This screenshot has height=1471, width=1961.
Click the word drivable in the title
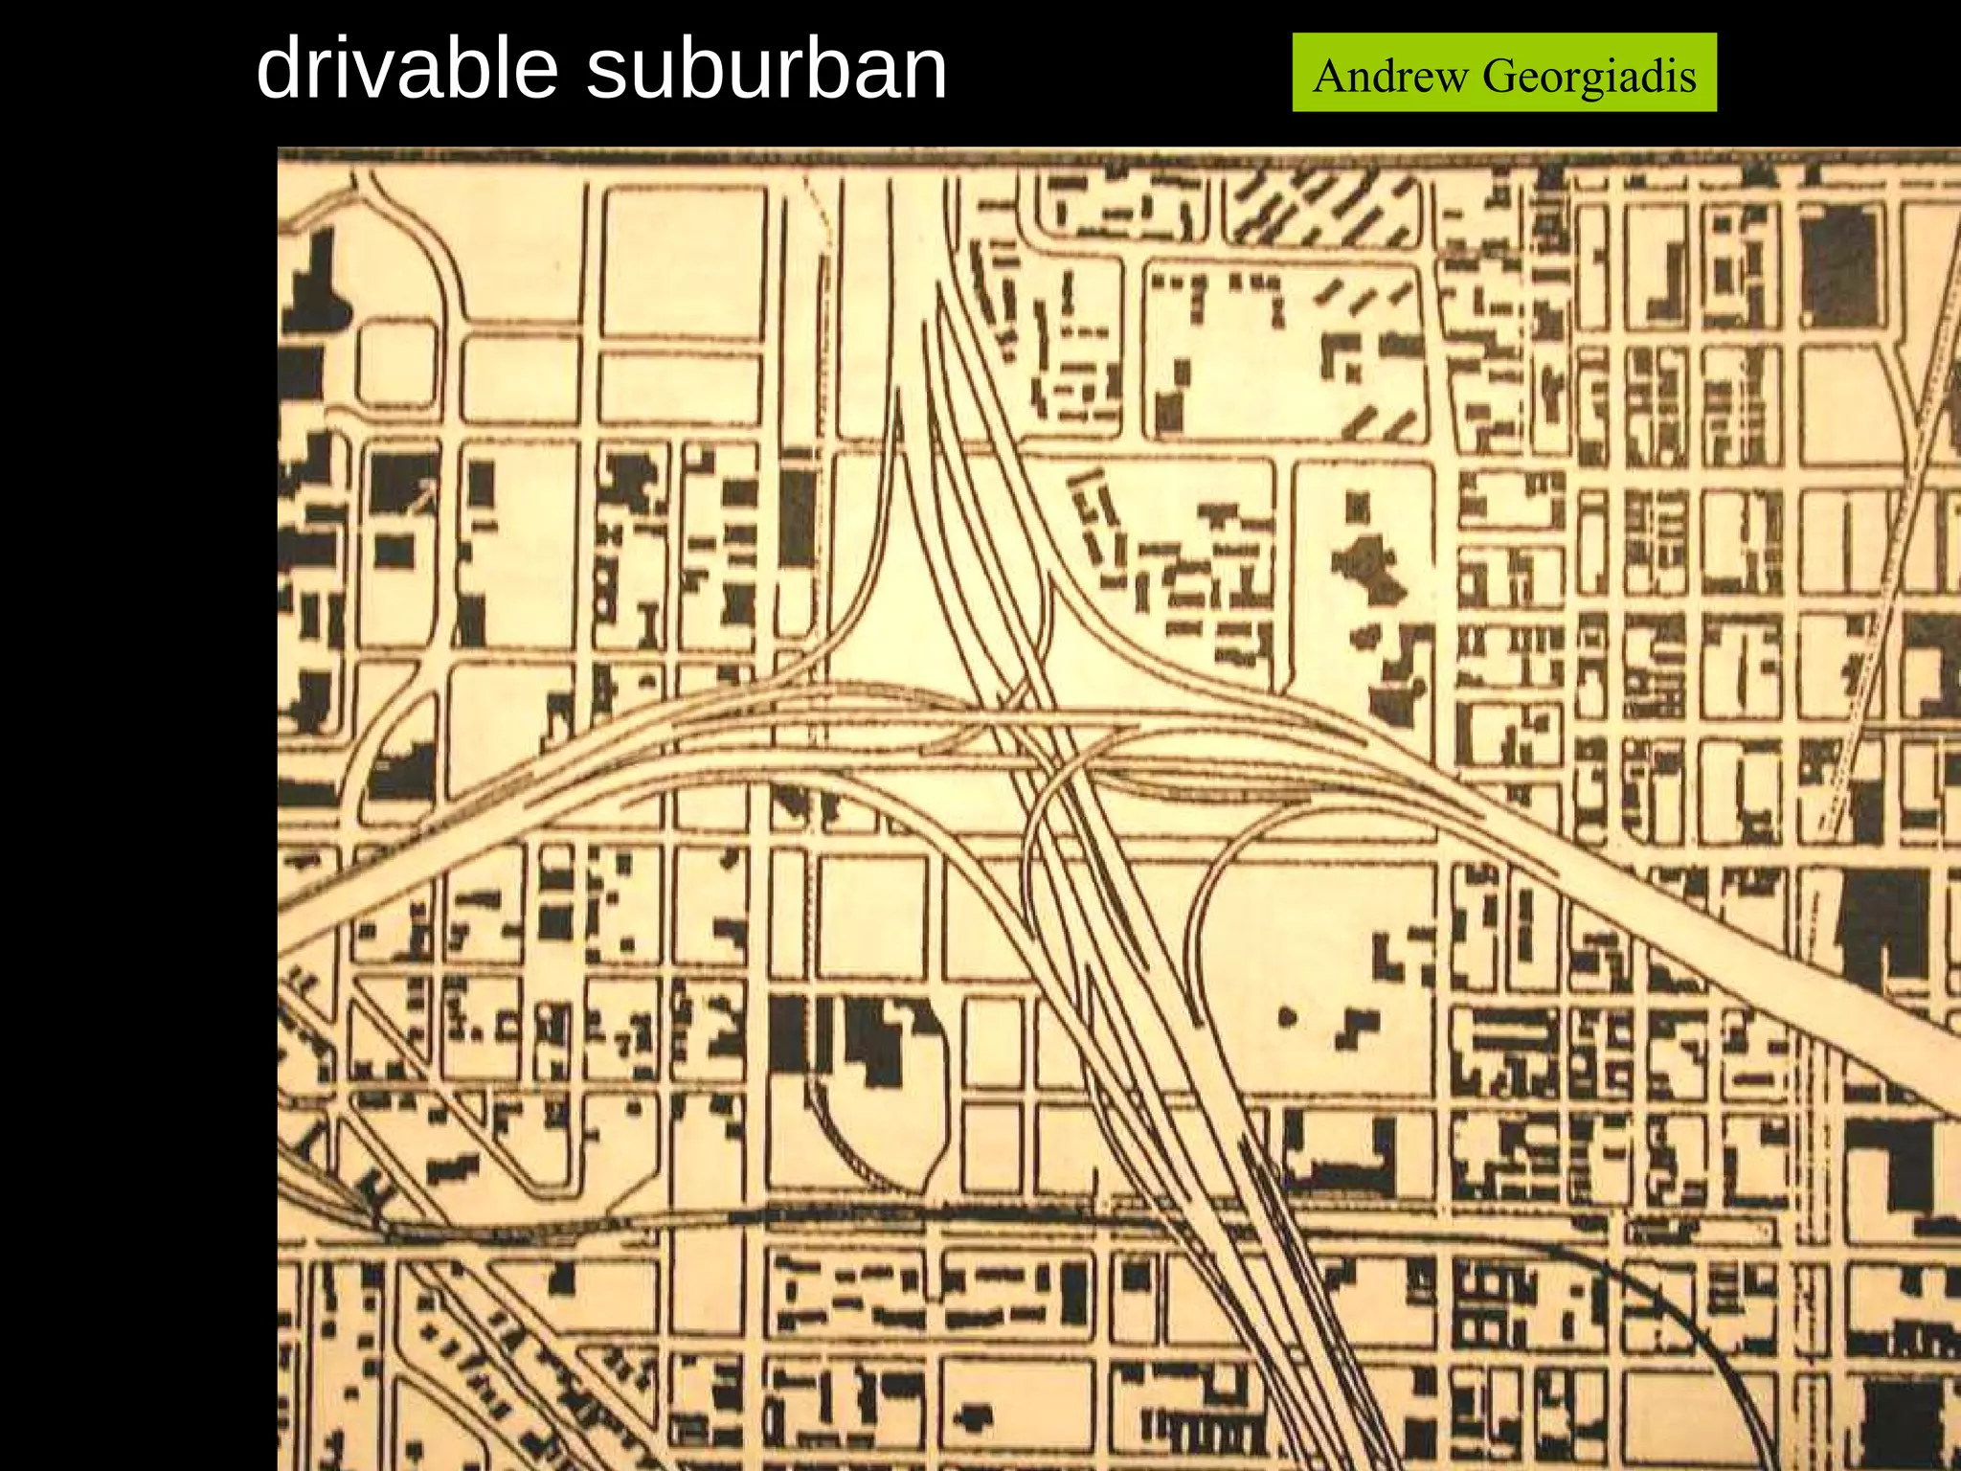[x=407, y=69]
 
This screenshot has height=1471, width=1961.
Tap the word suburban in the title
[x=766, y=69]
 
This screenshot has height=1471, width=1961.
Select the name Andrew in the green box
[x=1389, y=76]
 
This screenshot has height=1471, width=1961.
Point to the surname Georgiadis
[x=1589, y=76]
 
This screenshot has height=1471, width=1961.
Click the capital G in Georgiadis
[x=1499, y=76]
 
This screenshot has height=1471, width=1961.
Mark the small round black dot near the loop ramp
[x=1288, y=1017]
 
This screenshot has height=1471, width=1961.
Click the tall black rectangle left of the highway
[x=797, y=517]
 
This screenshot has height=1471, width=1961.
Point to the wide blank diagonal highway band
[x=1724, y=948]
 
